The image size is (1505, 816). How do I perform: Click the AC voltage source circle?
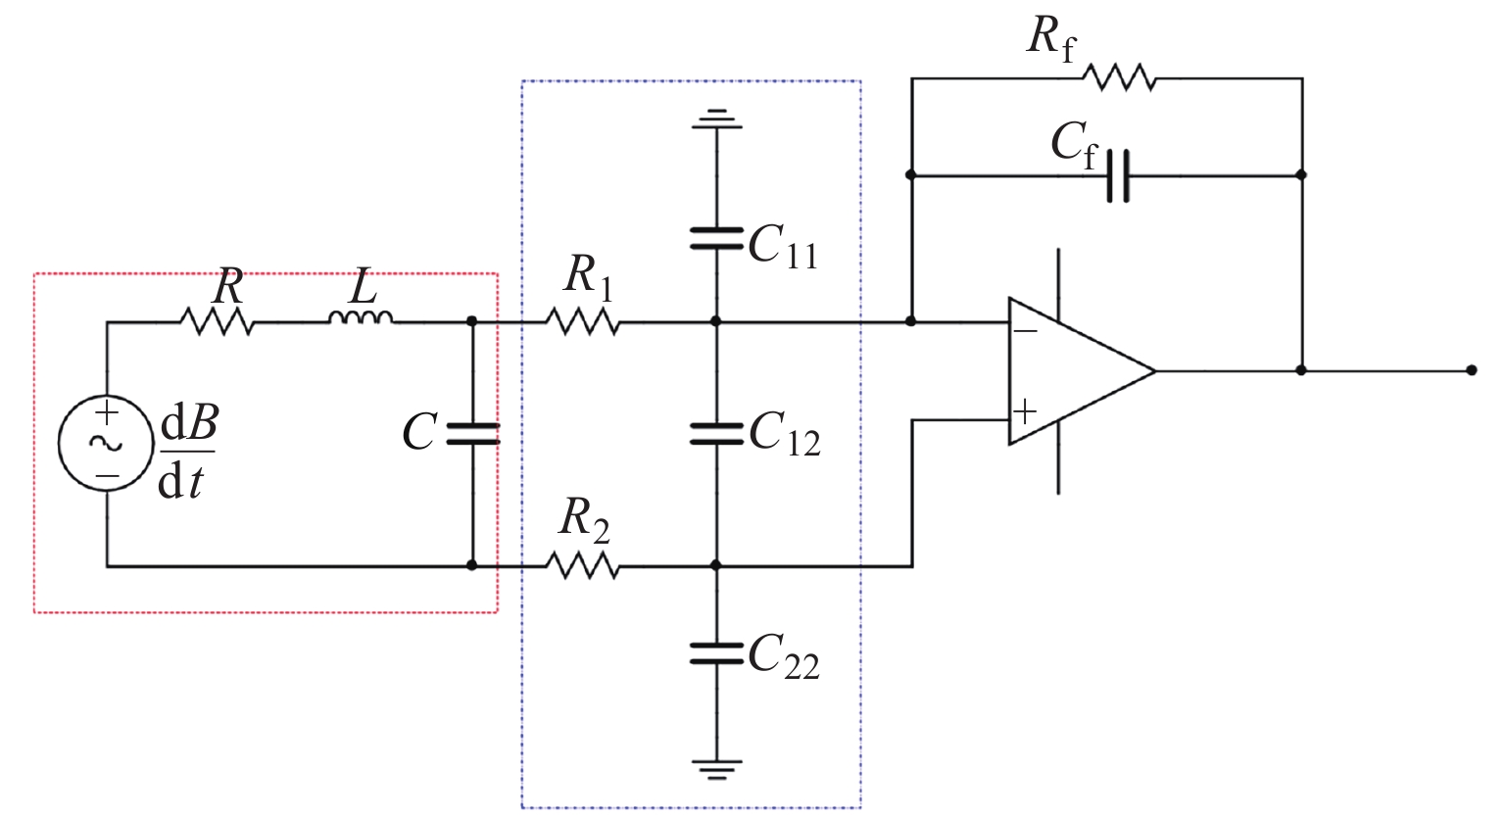106,443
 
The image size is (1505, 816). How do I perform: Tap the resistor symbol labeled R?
217,321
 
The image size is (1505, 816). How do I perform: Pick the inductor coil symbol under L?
361,318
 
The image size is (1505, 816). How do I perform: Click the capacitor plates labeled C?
472,434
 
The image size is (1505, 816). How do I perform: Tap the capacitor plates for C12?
716,434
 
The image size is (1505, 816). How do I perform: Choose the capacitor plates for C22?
716,653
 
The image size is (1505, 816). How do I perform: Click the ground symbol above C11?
716,120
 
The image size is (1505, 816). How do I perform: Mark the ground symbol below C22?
716,767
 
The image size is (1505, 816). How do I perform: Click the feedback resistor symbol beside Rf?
1119,78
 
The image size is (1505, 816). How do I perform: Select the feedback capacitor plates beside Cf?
1118,176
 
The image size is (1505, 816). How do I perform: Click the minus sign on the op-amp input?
1025,331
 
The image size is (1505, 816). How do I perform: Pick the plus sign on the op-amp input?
1025,410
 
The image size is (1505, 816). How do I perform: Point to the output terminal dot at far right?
1471,370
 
